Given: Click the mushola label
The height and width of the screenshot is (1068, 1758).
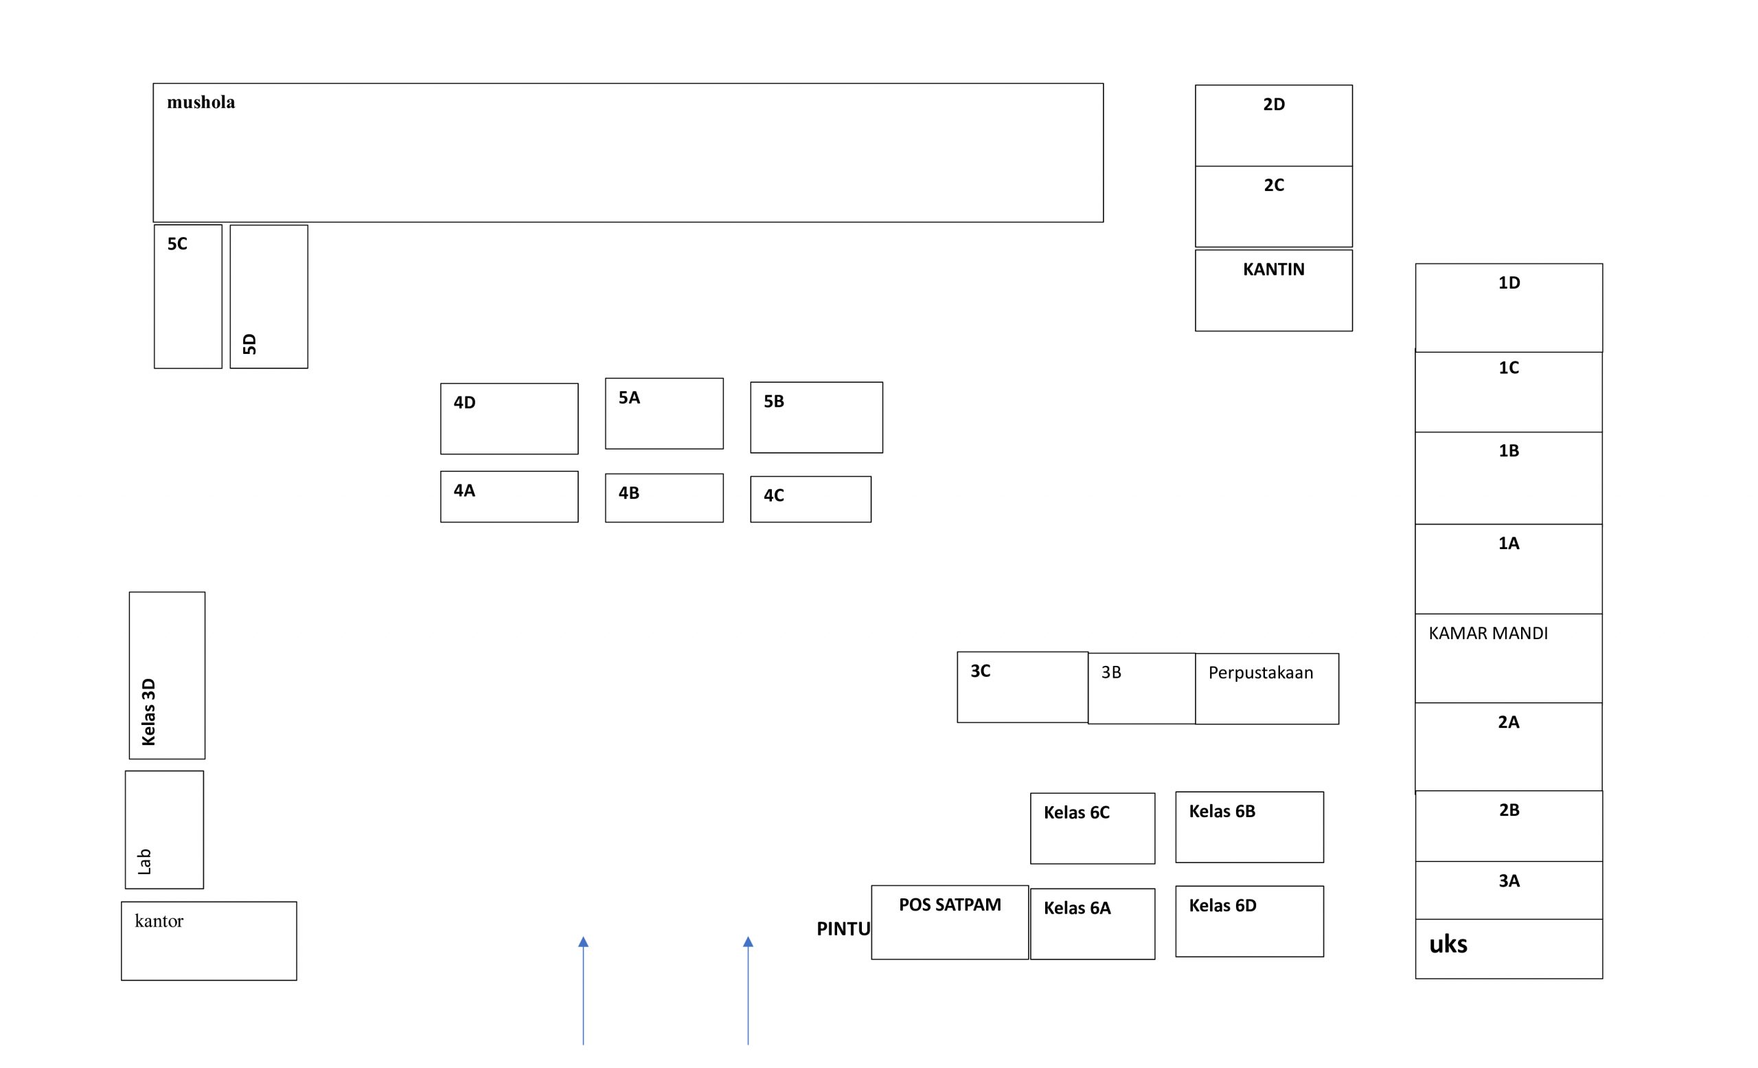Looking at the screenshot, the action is (x=201, y=102).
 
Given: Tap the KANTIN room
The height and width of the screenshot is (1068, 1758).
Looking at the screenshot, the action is (x=1274, y=290).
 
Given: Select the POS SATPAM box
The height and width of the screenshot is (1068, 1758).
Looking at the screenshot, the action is (x=950, y=922).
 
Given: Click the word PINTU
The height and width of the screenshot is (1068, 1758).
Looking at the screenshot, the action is (x=843, y=928).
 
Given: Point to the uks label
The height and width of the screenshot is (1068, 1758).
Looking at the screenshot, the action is (x=1448, y=944).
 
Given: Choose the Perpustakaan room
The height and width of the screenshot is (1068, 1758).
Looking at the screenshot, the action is (x=1267, y=689).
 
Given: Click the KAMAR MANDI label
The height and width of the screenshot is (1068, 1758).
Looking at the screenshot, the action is (x=1488, y=633).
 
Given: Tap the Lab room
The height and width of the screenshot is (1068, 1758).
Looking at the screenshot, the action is (x=164, y=830).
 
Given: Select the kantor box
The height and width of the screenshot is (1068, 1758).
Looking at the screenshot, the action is (x=209, y=941).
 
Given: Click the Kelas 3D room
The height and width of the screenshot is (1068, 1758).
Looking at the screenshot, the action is (x=167, y=676).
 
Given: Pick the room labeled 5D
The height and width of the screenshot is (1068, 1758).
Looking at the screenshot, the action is (x=269, y=297).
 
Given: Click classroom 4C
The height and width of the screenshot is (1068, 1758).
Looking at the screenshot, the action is (x=810, y=499).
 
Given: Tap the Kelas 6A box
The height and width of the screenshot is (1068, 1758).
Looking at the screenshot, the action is (x=1093, y=924).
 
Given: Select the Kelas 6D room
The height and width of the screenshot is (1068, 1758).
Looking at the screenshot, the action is (x=1249, y=922).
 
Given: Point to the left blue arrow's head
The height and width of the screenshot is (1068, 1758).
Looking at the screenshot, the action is (x=584, y=942).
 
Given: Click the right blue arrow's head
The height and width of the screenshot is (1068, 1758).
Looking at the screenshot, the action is (x=749, y=942).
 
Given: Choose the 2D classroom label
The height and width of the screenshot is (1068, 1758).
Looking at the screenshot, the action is (x=1275, y=104).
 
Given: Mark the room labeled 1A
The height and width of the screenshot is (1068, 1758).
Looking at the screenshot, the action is (x=1509, y=569).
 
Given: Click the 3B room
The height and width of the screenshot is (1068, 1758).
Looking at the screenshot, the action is (x=1141, y=688).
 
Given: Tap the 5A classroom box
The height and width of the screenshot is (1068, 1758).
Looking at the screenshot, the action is (x=664, y=413).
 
